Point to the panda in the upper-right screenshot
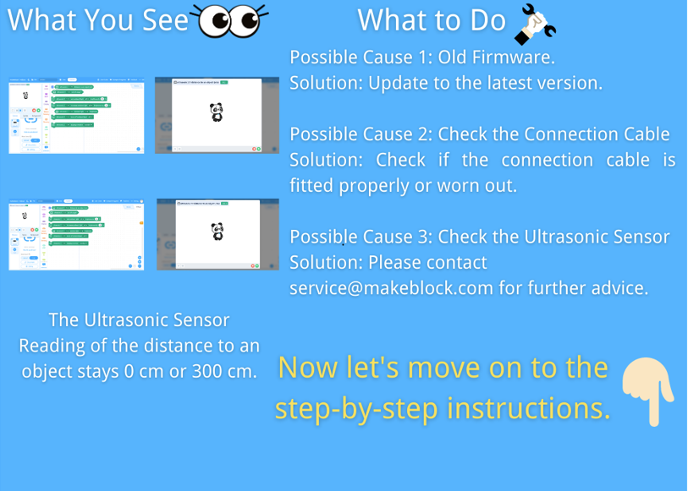pyautogui.click(x=216, y=112)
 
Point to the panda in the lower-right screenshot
pyautogui.click(x=217, y=231)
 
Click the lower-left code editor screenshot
pyautogui.click(x=76, y=234)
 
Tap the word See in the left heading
pyautogui.click(x=165, y=20)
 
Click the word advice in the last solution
pyautogui.click(x=616, y=287)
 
